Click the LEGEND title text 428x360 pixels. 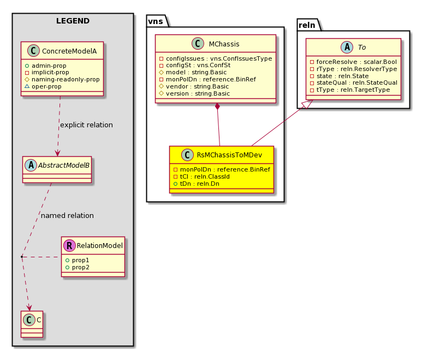pyautogui.click(x=73, y=21)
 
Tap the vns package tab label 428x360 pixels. pyautogui.click(x=156, y=21)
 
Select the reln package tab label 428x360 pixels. pyautogui.click(x=307, y=25)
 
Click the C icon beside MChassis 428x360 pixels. pyautogui.click(x=198, y=44)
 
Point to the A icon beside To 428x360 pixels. pyautogui.click(x=347, y=47)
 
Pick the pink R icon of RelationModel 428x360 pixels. pyautogui.click(x=69, y=246)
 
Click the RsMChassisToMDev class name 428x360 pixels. pyautogui.click(x=229, y=155)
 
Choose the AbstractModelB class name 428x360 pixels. pyautogui.click(x=63, y=165)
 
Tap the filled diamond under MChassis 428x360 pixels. pyautogui.click(x=217, y=107)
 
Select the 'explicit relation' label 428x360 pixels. pyautogui.click(x=86, y=125)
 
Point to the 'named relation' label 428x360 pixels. pyautogui.click(x=67, y=215)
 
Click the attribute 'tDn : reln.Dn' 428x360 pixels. pyautogui.click(x=200, y=184)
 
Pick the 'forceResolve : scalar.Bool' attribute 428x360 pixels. pyautogui.click(x=356, y=62)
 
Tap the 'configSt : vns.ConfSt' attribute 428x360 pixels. pyautogui.click(x=198, y=66)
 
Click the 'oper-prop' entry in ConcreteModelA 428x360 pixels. pyautogui.click(x=46, y=86)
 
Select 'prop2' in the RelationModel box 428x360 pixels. pyautogui.click(x=81, y=268)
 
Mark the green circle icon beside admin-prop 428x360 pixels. pyautogui.click(x=27, y=66)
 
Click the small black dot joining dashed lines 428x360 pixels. pyautogui.click(x=22, y=257)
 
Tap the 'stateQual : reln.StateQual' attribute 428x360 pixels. pyautogui.click(x=357, y=83)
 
